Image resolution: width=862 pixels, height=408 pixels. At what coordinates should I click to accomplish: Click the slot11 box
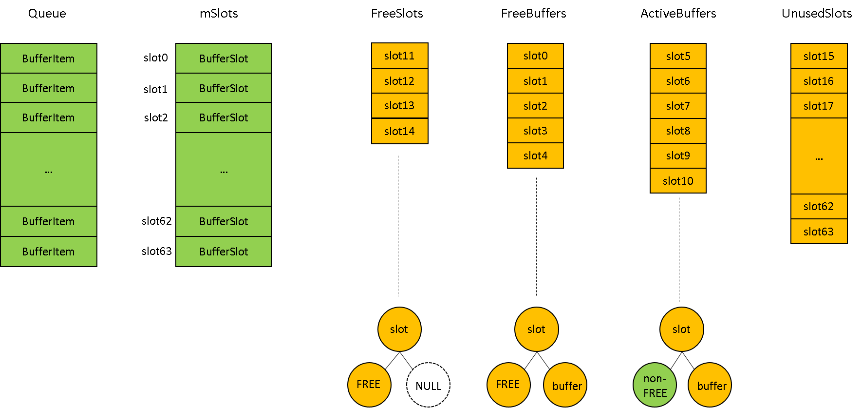(399, 56)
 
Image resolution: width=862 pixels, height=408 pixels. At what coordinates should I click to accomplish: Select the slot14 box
(399, 131)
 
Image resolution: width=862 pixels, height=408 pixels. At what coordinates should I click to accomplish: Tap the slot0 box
(535, 56)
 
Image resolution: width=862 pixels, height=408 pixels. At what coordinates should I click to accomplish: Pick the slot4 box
(535, 155)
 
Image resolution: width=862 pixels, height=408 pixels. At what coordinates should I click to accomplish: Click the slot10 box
(678, 181)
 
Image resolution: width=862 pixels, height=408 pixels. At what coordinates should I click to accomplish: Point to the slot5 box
(678, 56)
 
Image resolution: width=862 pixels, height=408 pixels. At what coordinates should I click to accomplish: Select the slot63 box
(819, 232)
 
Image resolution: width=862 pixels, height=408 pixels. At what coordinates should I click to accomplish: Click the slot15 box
(819, 56)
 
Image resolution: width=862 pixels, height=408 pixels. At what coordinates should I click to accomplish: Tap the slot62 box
(819, 206)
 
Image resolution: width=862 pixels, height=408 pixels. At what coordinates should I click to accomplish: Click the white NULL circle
(428, 385)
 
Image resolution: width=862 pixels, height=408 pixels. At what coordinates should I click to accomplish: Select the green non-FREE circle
(655, 385)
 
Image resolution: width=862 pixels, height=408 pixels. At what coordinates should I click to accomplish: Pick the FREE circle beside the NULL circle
(369, 385)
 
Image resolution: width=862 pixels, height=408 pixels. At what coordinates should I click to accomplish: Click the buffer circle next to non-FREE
(710, 385)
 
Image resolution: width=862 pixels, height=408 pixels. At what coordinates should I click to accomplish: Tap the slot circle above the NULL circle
(399, 329)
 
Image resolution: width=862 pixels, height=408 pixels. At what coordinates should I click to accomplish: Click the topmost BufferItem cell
(48, 58)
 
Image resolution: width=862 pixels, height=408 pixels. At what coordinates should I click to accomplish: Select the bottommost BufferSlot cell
(224, 252)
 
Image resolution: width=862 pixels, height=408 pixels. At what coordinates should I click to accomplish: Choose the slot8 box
(678, 131)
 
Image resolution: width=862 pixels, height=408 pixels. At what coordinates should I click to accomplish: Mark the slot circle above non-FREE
(681, 329)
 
